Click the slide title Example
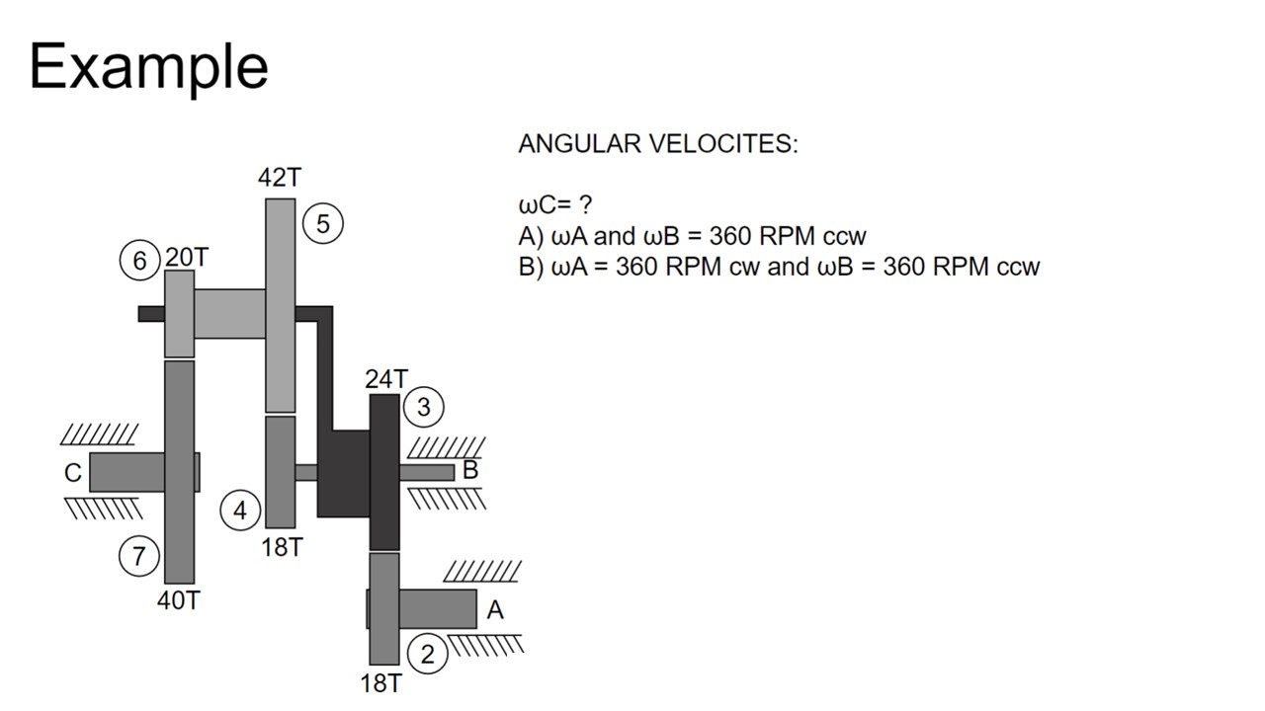148,67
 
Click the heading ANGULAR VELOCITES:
657,144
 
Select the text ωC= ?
555,205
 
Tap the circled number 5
322,224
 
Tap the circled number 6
139,260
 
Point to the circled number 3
424,407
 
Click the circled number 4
240,511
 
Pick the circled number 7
138,556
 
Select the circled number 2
427,654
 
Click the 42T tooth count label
280,178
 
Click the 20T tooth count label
187,258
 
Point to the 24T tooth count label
385,379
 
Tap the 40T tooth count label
179,600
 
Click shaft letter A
495,611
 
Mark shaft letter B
470,470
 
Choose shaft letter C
73,474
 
